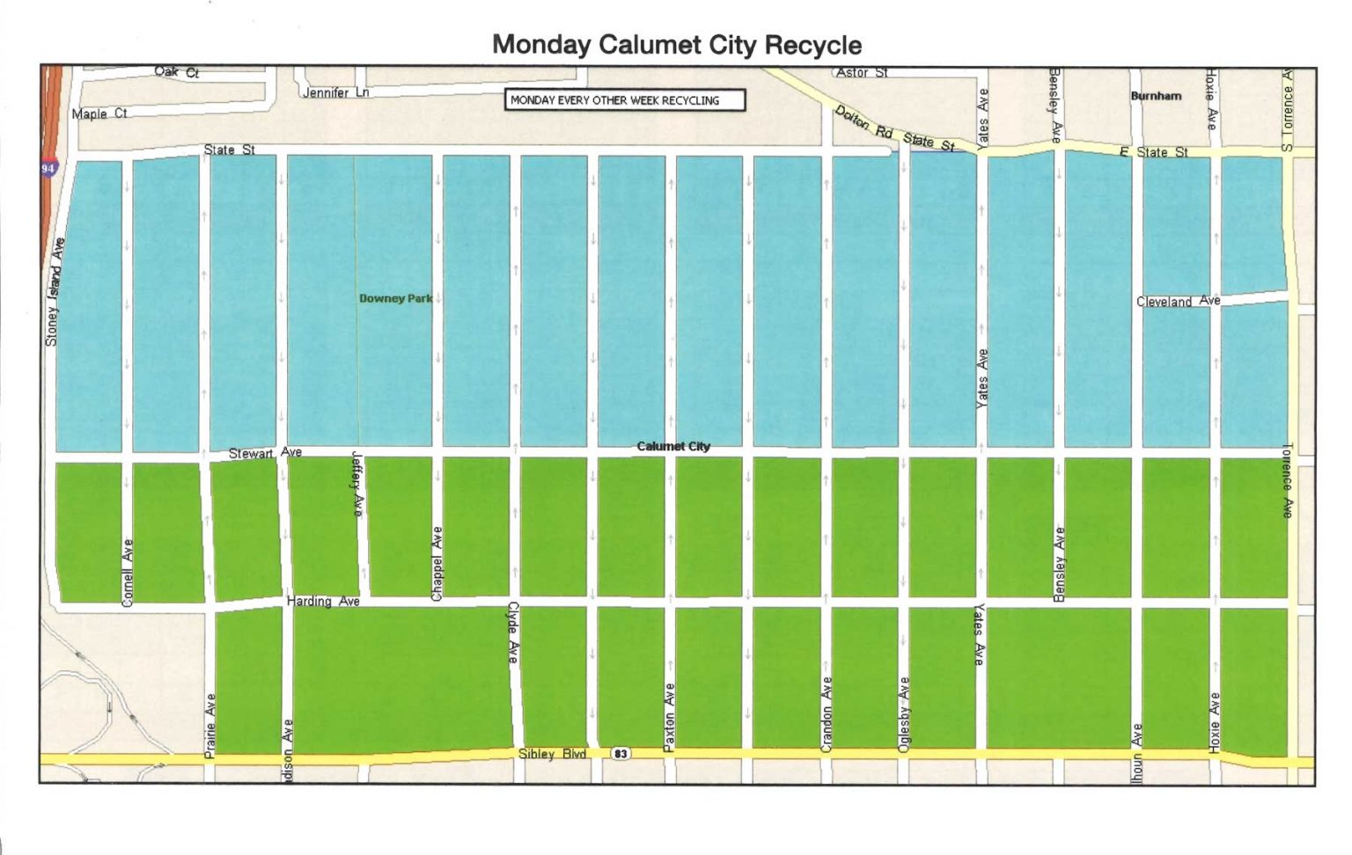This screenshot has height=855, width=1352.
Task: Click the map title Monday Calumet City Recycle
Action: point(676,45)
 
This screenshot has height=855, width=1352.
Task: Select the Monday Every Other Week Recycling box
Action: point(624,100)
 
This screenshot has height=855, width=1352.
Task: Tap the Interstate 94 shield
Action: point(48,167)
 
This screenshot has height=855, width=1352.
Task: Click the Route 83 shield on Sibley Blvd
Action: point(621,754)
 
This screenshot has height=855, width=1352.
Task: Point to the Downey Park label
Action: point(395,298)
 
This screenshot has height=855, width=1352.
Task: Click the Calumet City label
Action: point(673,446)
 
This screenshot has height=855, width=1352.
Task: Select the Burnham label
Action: point(1156,95)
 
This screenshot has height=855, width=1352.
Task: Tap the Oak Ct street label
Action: point(177,72)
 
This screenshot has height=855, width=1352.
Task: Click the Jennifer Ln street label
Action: point(335,92)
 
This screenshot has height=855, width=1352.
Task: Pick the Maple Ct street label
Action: point(99,113)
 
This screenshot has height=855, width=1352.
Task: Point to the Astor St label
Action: point(862,72)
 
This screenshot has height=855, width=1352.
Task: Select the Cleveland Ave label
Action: point(1178,301)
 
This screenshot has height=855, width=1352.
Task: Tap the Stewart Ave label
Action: point(265,453)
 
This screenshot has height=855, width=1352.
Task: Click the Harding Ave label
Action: point(323,601)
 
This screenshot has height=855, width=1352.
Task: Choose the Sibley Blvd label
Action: point(552,754)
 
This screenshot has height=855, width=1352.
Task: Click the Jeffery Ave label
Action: point(357,484)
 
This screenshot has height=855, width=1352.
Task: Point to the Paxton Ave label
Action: point(669,716)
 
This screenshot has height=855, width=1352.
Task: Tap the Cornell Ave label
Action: point(128,572)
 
